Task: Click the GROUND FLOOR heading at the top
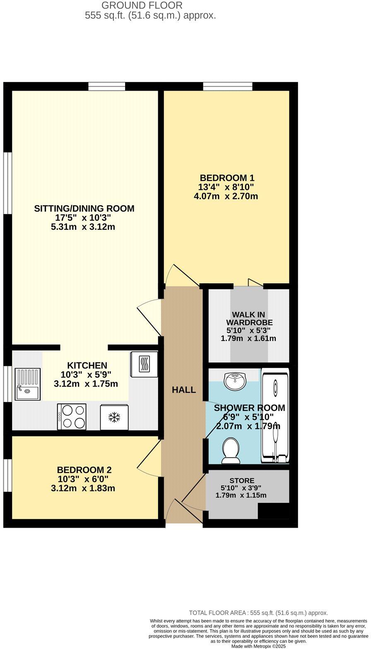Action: (142, 5)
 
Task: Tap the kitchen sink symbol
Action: (28, 384)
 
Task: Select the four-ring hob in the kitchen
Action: (72, 417)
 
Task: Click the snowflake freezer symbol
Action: (114, 417)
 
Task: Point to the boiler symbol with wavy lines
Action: (144, 364)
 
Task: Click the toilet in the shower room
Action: (231, 451)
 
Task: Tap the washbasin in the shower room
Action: (235, 380)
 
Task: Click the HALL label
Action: (184, 390)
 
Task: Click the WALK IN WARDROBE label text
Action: (249, 318)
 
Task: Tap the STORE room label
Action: (242, 481)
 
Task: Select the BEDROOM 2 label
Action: (84, 470)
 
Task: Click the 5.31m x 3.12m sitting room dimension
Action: (83, 227)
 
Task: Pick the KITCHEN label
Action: (87, 365)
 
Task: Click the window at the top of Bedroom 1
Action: (227, 86)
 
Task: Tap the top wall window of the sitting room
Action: (106, 86)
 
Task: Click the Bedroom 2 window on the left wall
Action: (7, 475)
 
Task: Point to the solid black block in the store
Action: (273, 511)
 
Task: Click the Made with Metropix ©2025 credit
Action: (258, 646)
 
